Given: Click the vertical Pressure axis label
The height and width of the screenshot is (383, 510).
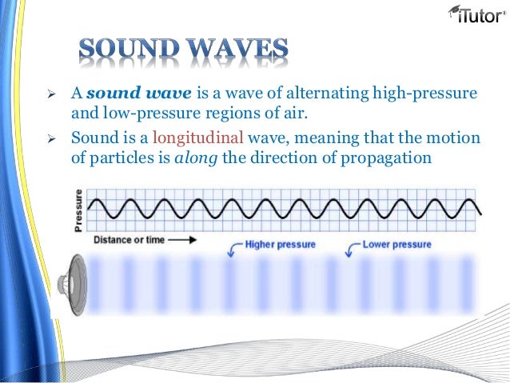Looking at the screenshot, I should (x=78, y=209).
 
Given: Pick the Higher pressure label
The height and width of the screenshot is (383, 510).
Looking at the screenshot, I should (x=280, y=244).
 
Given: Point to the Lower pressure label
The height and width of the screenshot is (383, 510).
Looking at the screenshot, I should (x=396, y=244).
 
